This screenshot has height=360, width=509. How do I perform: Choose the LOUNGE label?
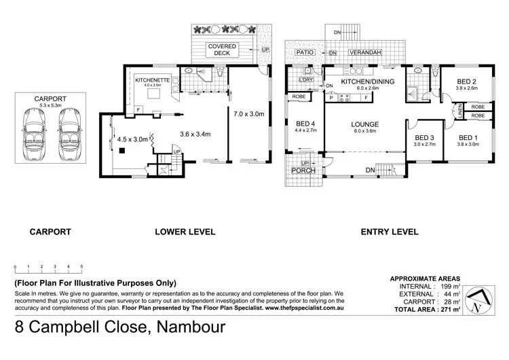(364, 124)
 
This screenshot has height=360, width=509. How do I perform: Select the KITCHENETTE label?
(150, 79)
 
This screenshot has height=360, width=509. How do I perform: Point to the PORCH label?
(303, 170)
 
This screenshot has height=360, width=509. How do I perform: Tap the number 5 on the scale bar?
(82, 266)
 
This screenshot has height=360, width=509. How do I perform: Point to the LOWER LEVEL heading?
(185, 232)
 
